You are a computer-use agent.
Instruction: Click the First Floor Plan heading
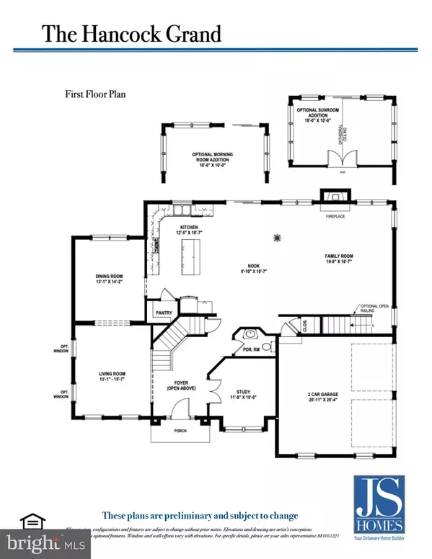[94, 94]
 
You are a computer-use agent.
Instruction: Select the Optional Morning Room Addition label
[215, 158]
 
